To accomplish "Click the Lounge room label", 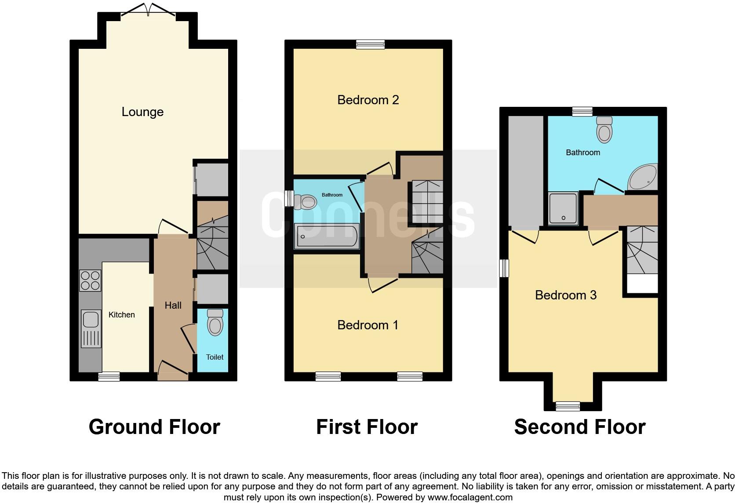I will point(142,112).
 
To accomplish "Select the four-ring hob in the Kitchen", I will point(90,281).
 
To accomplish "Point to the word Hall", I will point(173,305).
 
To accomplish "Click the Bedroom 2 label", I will point(368,100).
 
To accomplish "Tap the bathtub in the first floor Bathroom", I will point(327,236).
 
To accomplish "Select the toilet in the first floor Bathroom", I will point(305,202).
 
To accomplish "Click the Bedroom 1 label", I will point(367,325).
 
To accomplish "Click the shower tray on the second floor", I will point(563,208).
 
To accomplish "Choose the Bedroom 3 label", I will point(566,295).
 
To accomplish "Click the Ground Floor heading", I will point(154,427).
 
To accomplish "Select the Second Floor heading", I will point(579,427).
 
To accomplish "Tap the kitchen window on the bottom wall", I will point(109,376).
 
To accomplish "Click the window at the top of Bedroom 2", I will point(370,44).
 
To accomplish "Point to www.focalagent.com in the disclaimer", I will point(470,497).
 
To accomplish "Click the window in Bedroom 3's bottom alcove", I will point(568,406).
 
